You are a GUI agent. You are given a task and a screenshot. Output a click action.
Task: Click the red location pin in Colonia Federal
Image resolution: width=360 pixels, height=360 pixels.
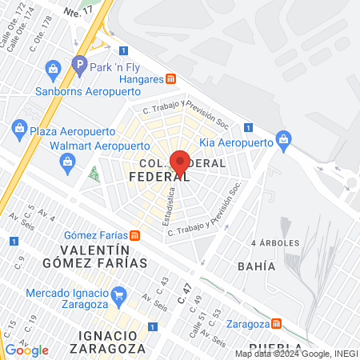click(181, 161)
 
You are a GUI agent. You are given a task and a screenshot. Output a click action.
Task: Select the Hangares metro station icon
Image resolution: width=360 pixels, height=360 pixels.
click(170, 78)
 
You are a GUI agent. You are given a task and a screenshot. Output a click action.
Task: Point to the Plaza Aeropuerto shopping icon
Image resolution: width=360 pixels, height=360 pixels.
click(20, 127)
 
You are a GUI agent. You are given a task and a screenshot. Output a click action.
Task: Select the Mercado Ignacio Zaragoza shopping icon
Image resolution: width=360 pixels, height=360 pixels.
click(119, 294)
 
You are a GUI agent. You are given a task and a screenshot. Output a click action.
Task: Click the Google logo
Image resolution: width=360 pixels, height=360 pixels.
click(27, 350)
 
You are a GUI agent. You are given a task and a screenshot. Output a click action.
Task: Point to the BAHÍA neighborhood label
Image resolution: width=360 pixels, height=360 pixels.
click(256, 266)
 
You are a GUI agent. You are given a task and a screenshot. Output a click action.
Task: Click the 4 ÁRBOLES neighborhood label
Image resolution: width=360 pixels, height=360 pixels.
click(274, 242)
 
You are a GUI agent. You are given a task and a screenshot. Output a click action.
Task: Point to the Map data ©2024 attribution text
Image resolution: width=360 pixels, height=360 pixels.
click(296, 354)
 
